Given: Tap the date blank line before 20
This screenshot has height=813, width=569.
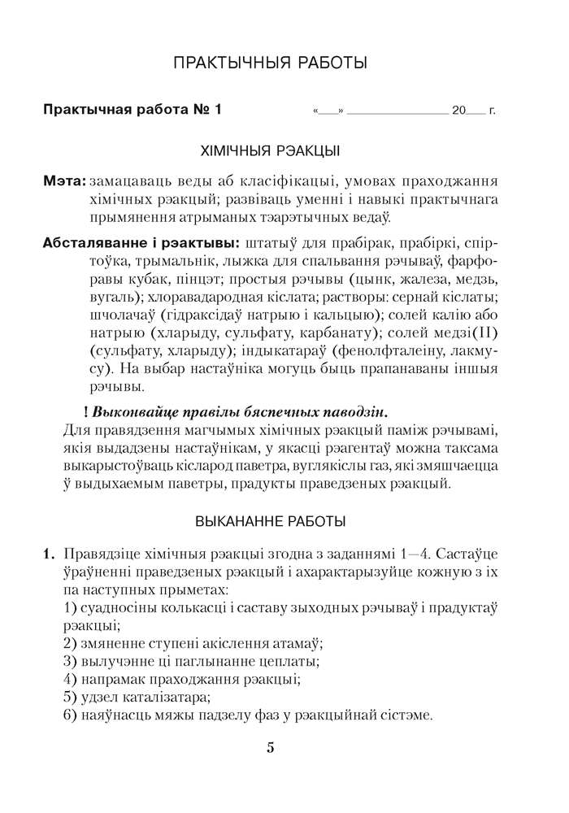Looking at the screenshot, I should coord(397,111).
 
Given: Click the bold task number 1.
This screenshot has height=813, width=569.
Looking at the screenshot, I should coord(48,556).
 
